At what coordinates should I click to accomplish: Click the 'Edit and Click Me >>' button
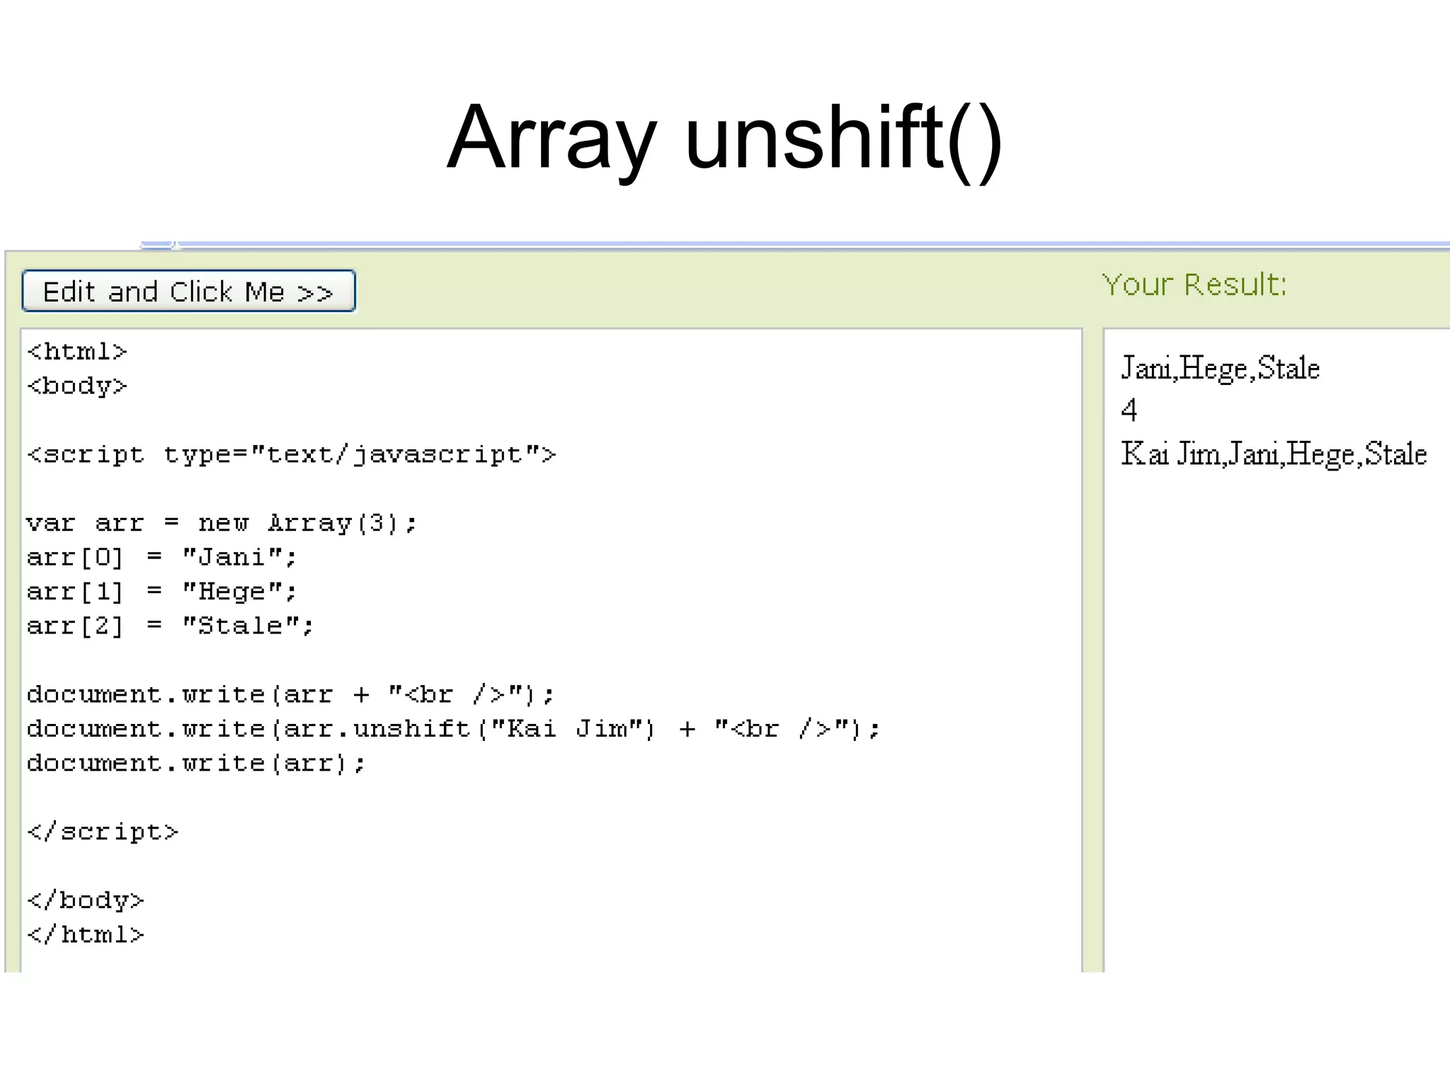click(188, 291)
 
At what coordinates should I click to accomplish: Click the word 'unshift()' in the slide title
click(843, 137)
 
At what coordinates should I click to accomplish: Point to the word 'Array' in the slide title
click(552, 137)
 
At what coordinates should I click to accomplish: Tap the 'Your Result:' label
click(1194, 284)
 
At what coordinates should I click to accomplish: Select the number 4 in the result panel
click(1129, 410)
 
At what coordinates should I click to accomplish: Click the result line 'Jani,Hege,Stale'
click(1220, 368)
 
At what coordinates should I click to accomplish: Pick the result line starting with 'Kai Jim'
click(1273, 454)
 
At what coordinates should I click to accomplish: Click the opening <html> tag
click(76, 352)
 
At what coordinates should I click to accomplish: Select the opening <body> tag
click(76, 386)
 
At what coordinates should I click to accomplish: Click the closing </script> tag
click(103, 832)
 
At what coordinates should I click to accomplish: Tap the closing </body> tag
click(85, 900)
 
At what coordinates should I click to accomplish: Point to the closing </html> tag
click(85, 935)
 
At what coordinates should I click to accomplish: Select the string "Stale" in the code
click(241, 626)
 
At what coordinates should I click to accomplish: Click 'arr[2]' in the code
click(74, 626)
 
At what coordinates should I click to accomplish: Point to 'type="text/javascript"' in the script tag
click(352, 454)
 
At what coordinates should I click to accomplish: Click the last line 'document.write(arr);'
click(196, 763)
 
